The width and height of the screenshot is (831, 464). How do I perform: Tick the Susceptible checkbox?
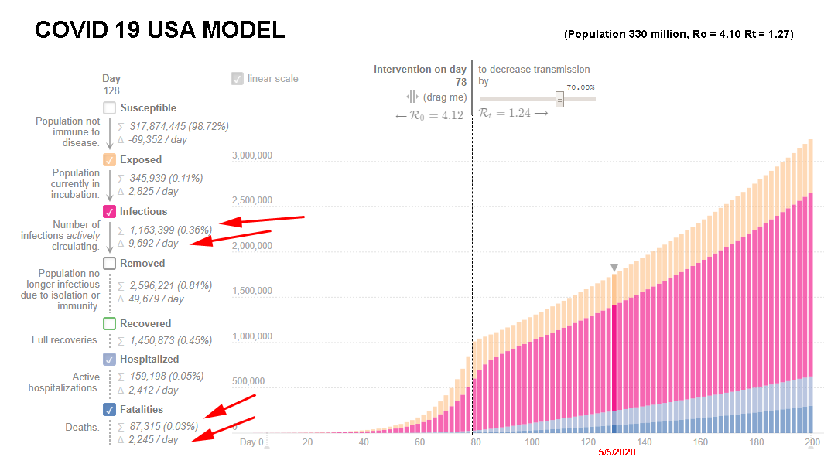(x=109, y=107)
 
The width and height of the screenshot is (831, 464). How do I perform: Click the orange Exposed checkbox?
(x=109, y=159)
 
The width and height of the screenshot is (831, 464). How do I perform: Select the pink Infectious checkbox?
(x=109, y=211)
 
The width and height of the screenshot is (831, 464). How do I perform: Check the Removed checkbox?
(x=109, y=263)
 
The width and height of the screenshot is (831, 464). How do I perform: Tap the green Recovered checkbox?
(x=109, y=323)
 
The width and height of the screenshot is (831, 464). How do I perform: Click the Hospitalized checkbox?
(x=109, y=359)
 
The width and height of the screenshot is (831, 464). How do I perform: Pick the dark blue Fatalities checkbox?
(x=109, y=409)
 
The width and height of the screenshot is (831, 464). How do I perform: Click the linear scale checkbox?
(x=237, y=78)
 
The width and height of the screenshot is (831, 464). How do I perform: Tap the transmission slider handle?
(x=559, y=99)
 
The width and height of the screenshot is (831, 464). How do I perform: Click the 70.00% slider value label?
(x=580, y=87)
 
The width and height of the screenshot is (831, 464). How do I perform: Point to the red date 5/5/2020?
(x=617, y=452)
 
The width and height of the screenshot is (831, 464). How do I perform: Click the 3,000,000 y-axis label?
(x=252, y=155)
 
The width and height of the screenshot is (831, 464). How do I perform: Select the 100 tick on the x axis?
(x=532, y=442)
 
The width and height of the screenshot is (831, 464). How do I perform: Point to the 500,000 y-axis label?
(x=248, y=380)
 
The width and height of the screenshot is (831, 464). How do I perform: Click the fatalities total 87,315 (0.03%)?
(x=163, y=426)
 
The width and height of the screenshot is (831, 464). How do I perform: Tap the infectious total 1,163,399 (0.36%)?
(x=170, y=230)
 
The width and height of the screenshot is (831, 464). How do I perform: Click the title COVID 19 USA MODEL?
(x=159, y=29)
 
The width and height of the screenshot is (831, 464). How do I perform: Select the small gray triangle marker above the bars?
(x=614, y=268)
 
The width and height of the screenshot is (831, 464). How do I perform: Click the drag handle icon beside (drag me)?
(x=412, y=97)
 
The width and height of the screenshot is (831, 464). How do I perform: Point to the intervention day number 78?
(x=461, y=82)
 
